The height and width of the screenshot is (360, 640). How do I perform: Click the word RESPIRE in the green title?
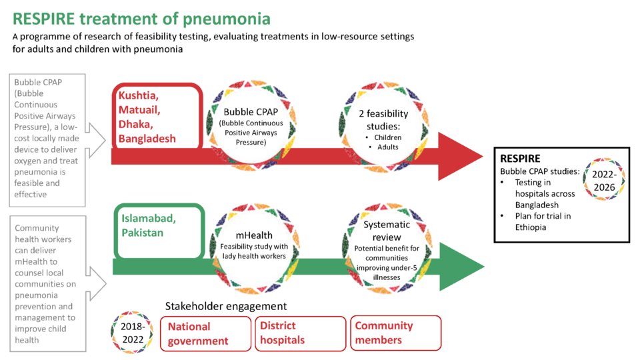coord(44,19)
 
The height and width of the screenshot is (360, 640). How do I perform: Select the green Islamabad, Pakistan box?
coord(159,231)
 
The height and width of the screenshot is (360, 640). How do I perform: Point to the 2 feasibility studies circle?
coord(383,127)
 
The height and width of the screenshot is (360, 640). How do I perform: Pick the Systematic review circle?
coord(387,248)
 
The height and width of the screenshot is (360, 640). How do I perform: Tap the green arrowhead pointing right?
coord(461,267)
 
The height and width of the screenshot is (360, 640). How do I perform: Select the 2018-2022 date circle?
coord(132,333)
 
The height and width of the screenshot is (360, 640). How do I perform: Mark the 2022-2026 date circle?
coord(604,180)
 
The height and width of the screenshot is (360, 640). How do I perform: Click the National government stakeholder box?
coord(206,333)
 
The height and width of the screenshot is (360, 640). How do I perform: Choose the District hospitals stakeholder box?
coord(301,333)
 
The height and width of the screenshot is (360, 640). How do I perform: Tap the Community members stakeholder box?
coord(395,333)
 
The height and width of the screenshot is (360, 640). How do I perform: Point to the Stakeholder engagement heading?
coord(226,306)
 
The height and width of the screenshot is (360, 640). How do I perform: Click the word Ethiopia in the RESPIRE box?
coord(530,227)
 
